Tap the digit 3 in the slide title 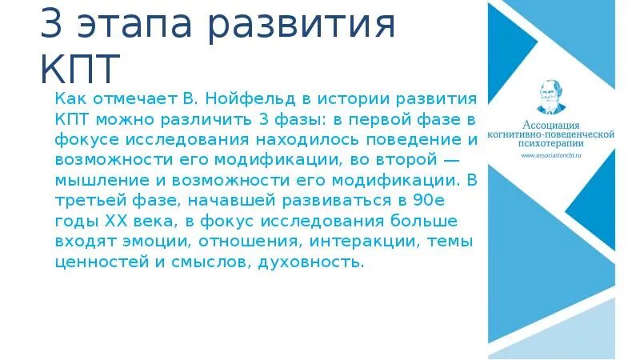tap(53, 26)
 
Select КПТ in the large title tap(80, 67)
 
